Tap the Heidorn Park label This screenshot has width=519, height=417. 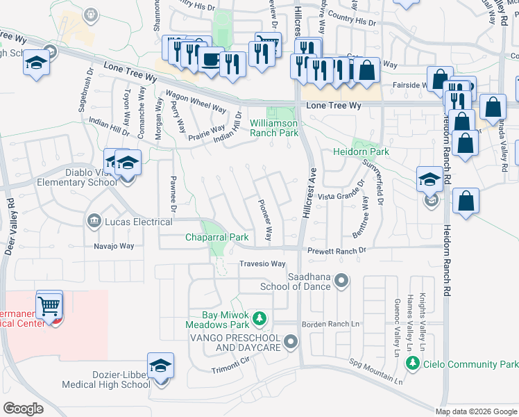(x=360, y=152)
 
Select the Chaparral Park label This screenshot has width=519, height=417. (x=216, y=237)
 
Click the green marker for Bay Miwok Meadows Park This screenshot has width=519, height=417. (x=259, y=318)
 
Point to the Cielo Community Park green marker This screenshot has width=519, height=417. (x=413, y=363)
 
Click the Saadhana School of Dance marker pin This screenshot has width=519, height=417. (x=341, y=281)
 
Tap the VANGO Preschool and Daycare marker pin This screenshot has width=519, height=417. (x=291, y=341)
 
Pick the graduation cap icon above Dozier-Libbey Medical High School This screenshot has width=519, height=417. (x=160, y=366)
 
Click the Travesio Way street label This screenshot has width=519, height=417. (x=262, y=264)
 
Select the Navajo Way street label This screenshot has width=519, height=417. (x=114, y=246)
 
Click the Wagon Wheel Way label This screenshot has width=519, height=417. (x=195, y=102)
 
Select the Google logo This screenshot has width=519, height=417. (x=24, y=409)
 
